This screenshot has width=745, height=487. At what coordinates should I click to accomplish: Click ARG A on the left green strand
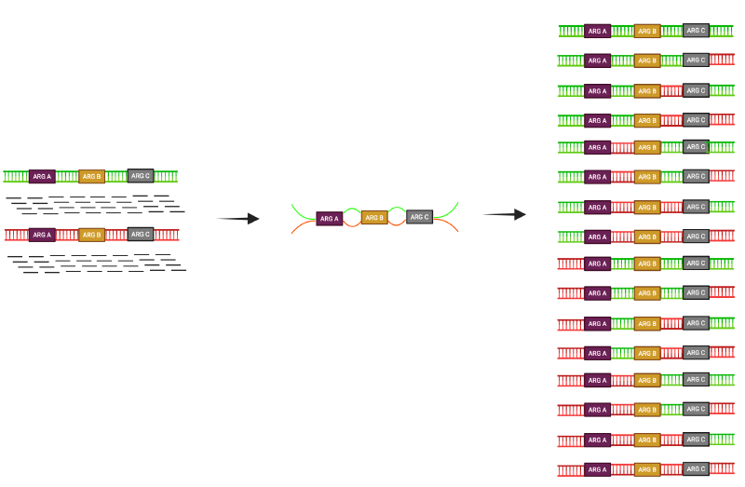click(42, 176)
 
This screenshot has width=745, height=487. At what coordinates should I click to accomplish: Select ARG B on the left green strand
click(91, 176)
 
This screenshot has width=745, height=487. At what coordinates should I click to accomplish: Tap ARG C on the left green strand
click(141, 175)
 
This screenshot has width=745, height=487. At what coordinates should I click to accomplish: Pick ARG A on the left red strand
click(42, 235)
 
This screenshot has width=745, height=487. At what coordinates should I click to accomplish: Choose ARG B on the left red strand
click(91, 235)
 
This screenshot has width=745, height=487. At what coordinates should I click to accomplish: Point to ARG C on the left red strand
click(141, 234)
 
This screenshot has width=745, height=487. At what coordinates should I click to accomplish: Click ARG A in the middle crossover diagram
click(330, 219)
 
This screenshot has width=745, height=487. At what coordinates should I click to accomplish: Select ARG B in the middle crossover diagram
click(374, 217)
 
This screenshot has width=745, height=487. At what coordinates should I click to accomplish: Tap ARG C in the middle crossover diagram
click(420, 217)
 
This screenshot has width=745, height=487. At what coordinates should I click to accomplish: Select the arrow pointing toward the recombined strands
click(505, 214)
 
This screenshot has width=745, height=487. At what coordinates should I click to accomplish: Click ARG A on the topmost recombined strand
click(598, 31)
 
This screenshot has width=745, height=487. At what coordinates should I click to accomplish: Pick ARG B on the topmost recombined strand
click(647, 31)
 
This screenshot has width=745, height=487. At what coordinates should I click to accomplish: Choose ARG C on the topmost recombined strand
click(696, 30)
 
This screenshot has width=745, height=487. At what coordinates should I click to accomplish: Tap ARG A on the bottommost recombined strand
click(598, 469)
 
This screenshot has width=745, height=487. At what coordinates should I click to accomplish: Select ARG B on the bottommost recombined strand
click(647, 469)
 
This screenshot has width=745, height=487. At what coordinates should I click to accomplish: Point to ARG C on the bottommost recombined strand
click(696, 468)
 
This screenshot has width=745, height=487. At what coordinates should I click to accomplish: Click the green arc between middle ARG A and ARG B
click(351, 209)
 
